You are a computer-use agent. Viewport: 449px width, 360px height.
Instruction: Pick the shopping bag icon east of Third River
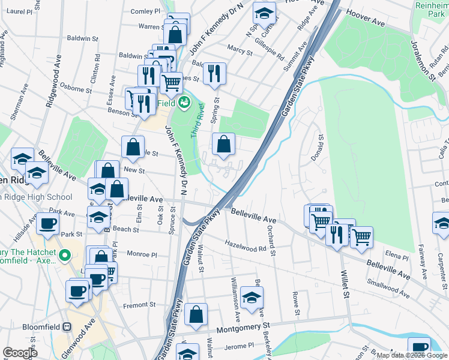223,144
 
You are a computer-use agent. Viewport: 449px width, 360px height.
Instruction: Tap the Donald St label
321,146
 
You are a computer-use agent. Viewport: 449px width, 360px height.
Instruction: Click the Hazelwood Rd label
246,245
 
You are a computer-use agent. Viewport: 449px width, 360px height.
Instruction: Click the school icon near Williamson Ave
252,296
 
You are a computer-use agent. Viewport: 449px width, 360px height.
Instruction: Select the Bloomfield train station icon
67,328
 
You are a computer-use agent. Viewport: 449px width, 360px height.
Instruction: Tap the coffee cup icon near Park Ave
47,224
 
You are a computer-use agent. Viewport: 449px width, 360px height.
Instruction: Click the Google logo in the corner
20,353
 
